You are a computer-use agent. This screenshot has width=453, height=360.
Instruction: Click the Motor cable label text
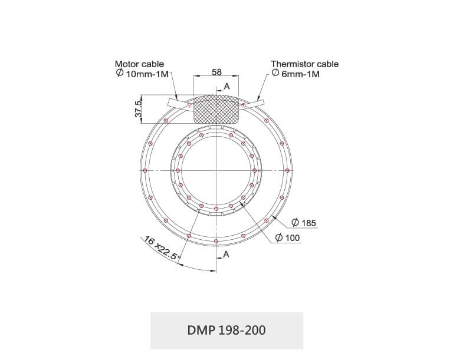pos(139,64)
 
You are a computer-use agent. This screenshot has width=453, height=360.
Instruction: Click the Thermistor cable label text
pos(304,64)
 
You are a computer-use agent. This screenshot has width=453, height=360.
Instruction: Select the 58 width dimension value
pos(216,72)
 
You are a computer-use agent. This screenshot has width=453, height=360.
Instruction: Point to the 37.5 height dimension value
pos(139,108)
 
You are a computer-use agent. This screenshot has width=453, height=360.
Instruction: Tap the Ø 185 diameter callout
pos(304,223)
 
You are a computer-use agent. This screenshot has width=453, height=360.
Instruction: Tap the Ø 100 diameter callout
pos(287,238)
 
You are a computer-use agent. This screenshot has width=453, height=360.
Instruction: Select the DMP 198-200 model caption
pos(226,330)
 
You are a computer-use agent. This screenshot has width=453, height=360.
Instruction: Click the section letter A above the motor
pos(226,87)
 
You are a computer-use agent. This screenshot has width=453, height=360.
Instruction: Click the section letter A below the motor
pos(226,255)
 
